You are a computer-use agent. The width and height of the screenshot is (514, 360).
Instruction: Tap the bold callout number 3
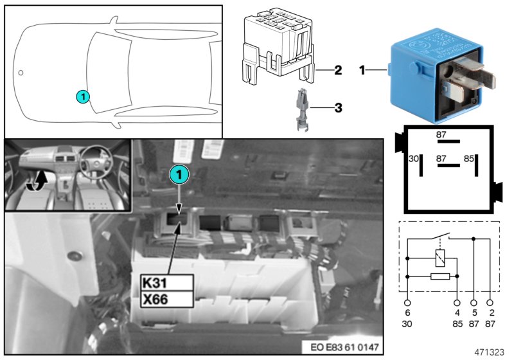point(337,108)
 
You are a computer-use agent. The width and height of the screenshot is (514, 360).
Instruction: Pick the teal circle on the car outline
point(82,96)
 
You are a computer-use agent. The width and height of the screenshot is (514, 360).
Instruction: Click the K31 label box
point(166,282)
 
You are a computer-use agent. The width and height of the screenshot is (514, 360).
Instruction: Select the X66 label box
point(166,299)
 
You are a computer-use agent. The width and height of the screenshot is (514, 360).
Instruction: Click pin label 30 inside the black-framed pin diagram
point(414,157)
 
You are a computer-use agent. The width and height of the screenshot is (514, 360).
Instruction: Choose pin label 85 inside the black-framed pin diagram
point(469,157)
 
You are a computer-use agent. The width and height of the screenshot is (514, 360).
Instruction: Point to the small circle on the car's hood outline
point(21,73)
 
